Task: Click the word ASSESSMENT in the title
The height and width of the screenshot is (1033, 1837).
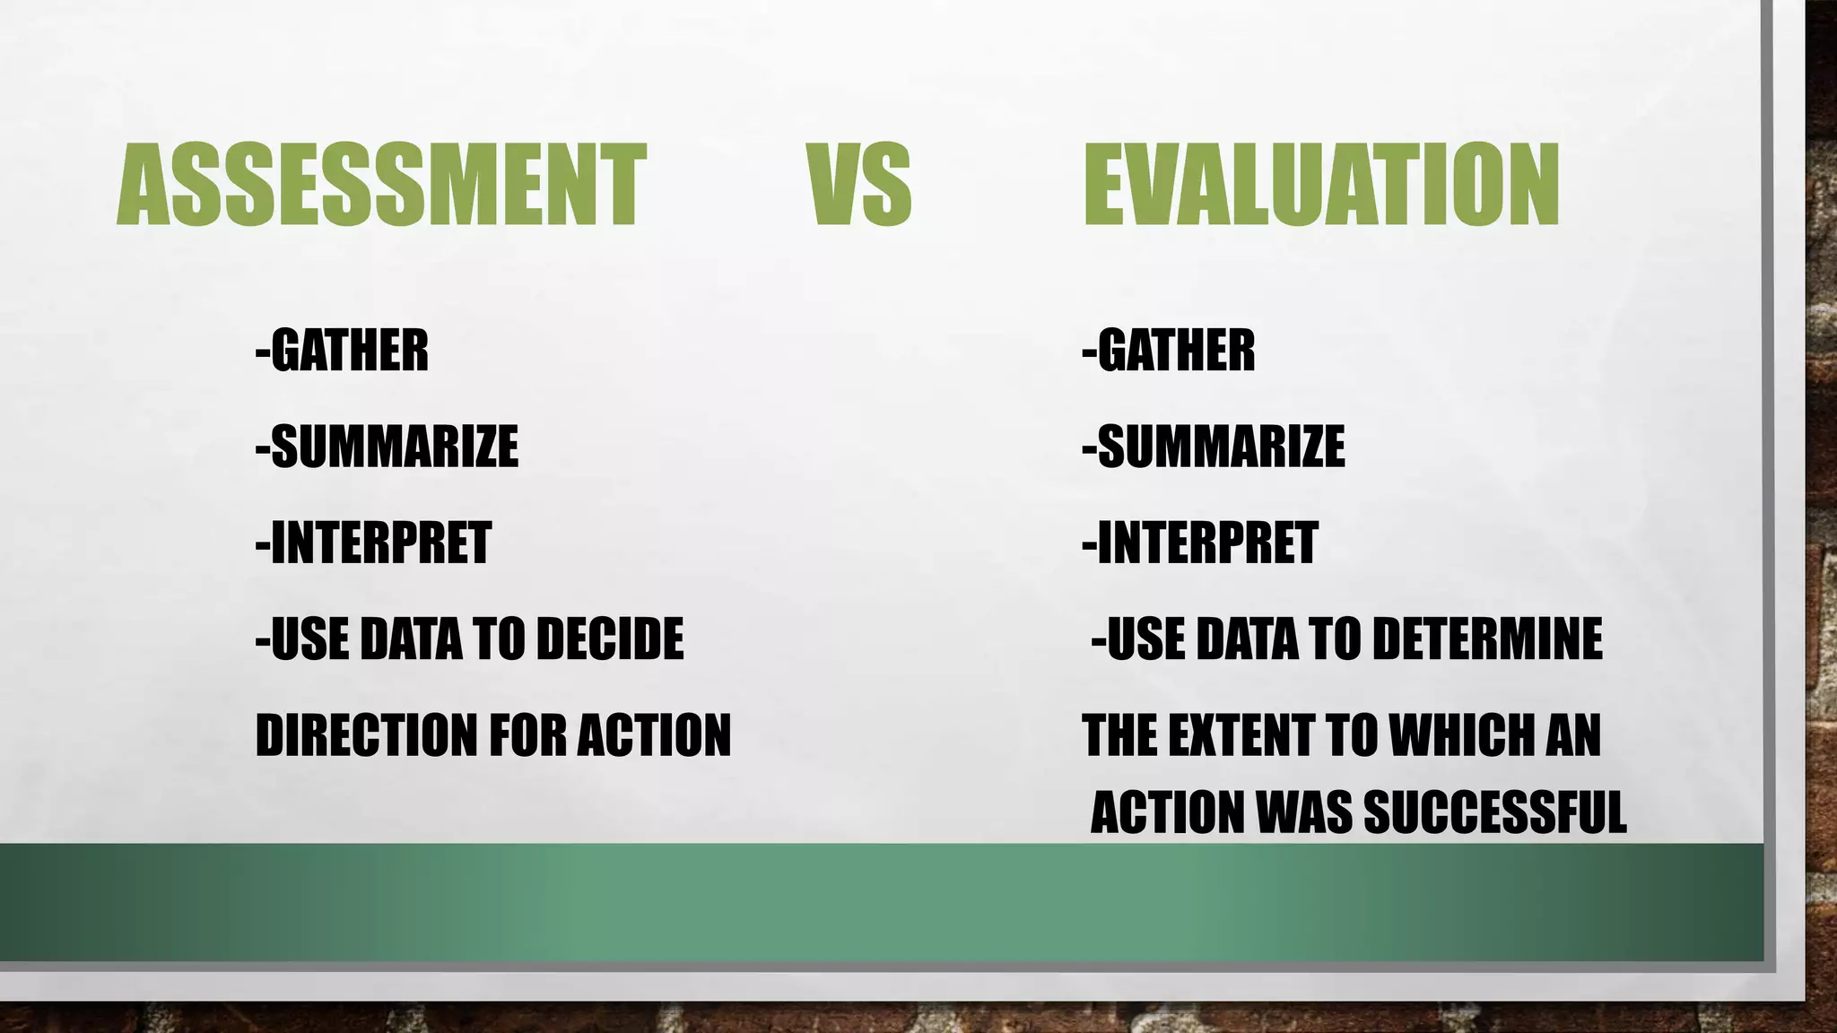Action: click(381, 185)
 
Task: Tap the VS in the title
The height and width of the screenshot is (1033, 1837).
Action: click(859, 185)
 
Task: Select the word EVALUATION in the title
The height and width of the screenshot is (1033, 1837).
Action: click(1321, 185)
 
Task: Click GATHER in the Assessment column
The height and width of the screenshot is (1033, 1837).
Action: click(349, 350)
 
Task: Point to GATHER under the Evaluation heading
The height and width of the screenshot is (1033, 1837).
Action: click(1176, 350)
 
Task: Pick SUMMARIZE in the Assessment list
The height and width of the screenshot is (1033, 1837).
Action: click(394, 447)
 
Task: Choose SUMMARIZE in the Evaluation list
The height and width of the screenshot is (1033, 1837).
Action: click(1221, 447)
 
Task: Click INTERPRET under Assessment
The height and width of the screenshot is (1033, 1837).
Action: click(380, 543)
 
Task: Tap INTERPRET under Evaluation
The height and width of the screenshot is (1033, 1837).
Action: click(1207, 543)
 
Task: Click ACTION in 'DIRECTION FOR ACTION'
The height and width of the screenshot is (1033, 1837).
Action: click(654, 735)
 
